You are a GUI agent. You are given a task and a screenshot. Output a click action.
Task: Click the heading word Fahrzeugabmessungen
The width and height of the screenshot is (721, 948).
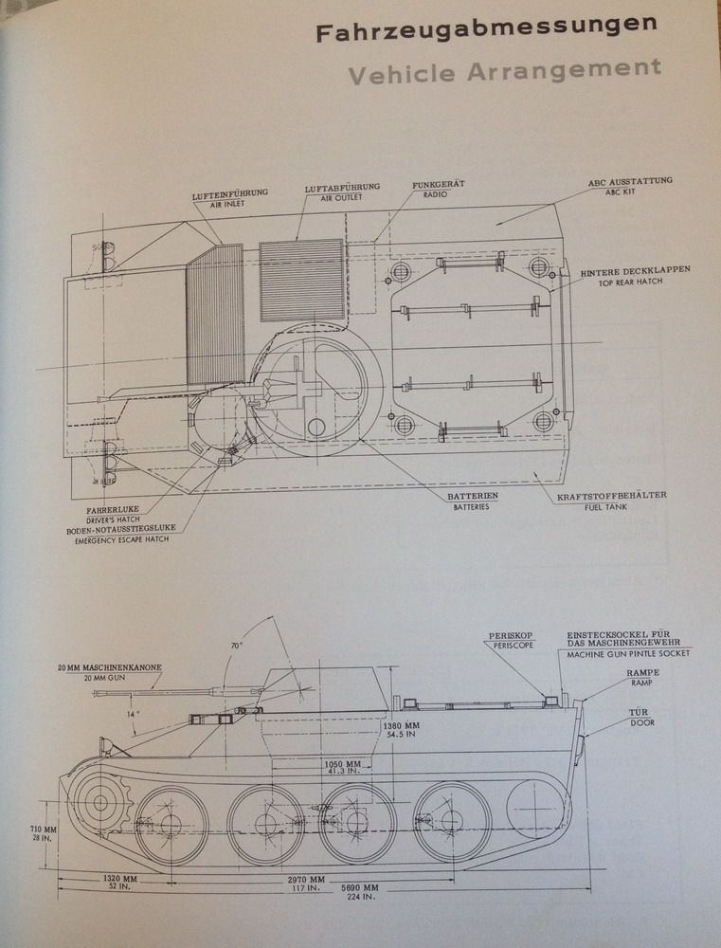pyautogui.click(x=486, y=31)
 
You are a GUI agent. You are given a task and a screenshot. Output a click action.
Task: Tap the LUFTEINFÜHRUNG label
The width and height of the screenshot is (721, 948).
pyautogui.click(x=229, y=193)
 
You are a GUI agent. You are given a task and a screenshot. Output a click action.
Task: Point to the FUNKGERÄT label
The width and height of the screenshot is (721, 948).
pyautogui.click(x=438, y=185)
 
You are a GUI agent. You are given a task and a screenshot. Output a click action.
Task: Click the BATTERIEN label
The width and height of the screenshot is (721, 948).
pyautogui.click(x=473, y=496)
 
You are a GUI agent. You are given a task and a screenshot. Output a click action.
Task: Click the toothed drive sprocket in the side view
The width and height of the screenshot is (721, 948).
pyautogui.click(x=98, y=802)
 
